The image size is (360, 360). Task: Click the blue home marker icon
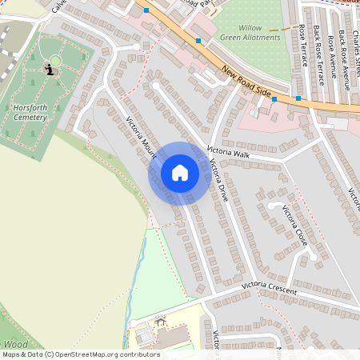click(x=180, y=173)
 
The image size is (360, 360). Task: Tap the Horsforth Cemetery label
click(x=30, y=112)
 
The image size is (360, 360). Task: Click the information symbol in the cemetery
click(x=51, y=70)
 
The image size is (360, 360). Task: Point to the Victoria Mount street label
click(x=141, y=139)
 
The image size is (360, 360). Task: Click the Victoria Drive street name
click(x=218, y=181)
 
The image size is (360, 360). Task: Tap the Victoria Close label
click(x=295, y=226)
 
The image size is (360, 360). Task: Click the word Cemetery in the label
click(x=30, y=118)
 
